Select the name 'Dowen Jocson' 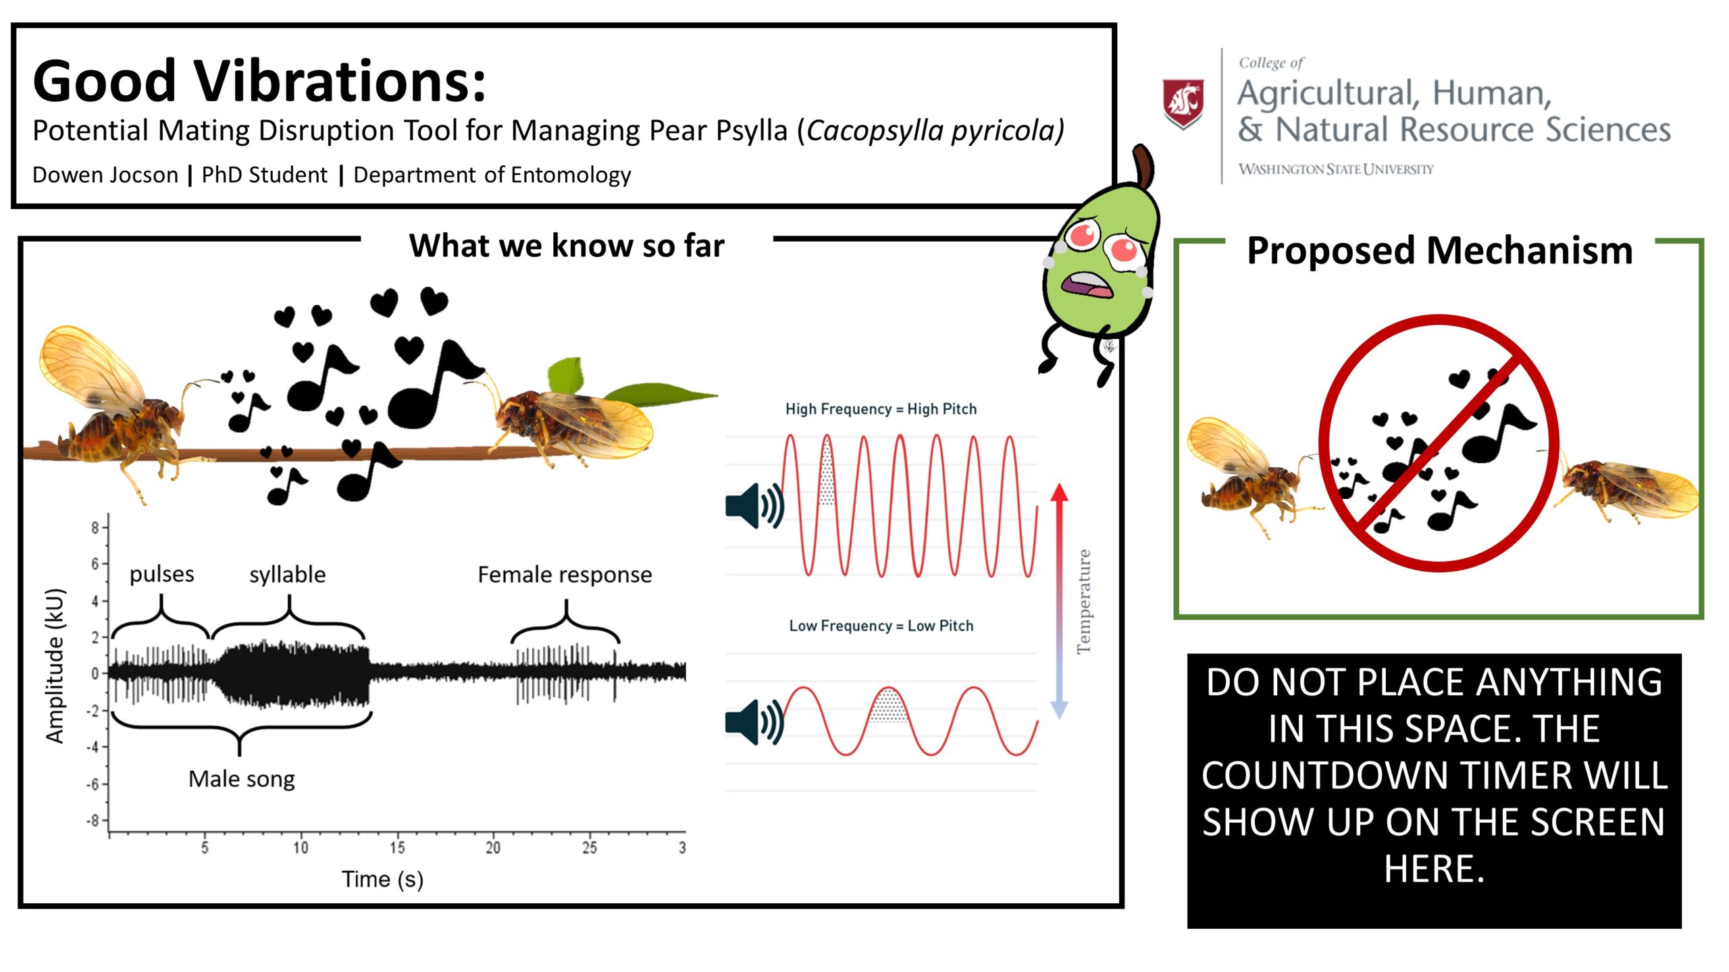coord(105,175)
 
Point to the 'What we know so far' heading coord(567,246)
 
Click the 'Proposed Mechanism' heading coord(1439,251)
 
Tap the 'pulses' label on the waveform coord(162,574)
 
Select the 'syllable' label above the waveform coord(288,574)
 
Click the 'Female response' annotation coord(565,575)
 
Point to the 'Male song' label coord(242,780)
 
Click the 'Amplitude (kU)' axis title coord(55,666)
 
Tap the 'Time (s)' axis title coord(382,880)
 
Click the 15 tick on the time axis coord(397,847)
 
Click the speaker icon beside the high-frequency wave coord(754,506)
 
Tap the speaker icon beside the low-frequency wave coord(754,722)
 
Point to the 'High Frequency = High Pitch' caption coord(881,409)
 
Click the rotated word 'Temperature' coord(1083,601)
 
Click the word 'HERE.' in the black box coord(1435,869)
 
